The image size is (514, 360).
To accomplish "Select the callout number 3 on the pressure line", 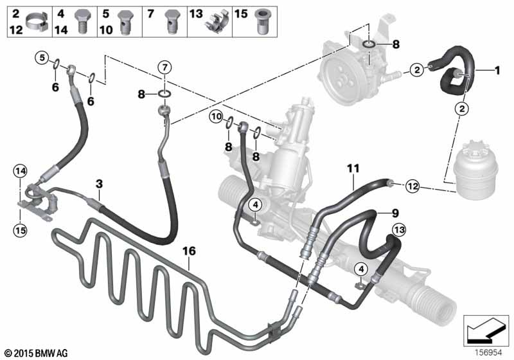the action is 98,184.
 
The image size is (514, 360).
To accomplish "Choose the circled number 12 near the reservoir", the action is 412,186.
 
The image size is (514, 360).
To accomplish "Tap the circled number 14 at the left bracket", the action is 21,171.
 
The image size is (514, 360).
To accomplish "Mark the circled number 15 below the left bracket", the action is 21,228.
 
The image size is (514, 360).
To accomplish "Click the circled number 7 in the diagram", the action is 164,67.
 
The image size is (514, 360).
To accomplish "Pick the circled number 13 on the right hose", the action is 399,229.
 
